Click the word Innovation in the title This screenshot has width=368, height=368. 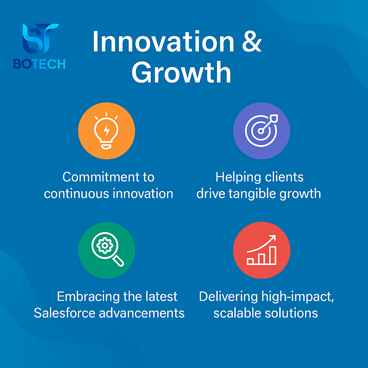[x=164, y=41]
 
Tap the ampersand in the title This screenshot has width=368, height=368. [x=252, y=41]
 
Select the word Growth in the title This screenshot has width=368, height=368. [x=181, y=72]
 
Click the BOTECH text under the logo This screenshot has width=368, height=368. [x=39, y=64]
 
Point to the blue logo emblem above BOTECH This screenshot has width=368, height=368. [x=40, y=38]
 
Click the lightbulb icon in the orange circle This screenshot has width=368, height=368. [x=106, y=131]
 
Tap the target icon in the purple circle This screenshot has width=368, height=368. [x=261, y=130]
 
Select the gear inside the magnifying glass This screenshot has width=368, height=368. [x=105, y=245]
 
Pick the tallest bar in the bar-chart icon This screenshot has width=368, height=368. [x=273, y=256]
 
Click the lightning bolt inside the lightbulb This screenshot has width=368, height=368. [x=106, y=131]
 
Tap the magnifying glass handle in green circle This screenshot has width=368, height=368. [x=118, y=261]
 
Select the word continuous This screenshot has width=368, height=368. [x=77, y=194]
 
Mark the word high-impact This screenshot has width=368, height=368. [x=298, y=297]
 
